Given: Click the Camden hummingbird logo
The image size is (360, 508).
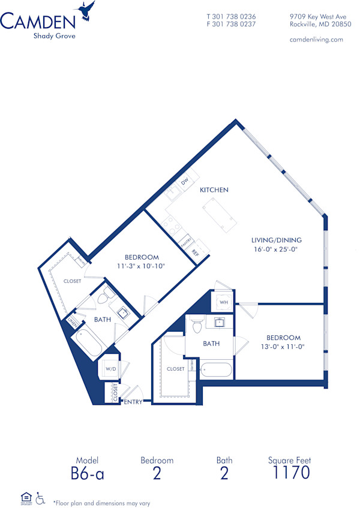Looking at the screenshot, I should pos(86,11).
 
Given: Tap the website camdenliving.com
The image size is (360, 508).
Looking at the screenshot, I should pos(316,40).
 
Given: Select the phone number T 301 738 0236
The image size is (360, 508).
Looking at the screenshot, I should pos(231,16).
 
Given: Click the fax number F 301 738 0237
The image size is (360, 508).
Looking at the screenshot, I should pos(231,25).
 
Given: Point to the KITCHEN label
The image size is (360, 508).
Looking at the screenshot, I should pos(214,190).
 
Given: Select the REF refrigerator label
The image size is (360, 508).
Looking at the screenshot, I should pos(195,253).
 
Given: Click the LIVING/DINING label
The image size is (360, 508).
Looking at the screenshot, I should pos(276,240).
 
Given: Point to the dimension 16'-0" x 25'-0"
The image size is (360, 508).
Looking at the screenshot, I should pos(276,250).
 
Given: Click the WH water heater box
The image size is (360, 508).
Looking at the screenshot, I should pos(223,302).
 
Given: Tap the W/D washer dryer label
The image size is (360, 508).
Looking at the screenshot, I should pos(111,369).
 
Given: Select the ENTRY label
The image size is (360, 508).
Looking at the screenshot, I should pos(133,402).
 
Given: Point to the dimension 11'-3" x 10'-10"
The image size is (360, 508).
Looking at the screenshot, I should pos(142,266).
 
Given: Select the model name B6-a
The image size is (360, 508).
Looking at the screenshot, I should pos(87,473).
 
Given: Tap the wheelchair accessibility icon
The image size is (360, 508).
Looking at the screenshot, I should pos(41,498).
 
